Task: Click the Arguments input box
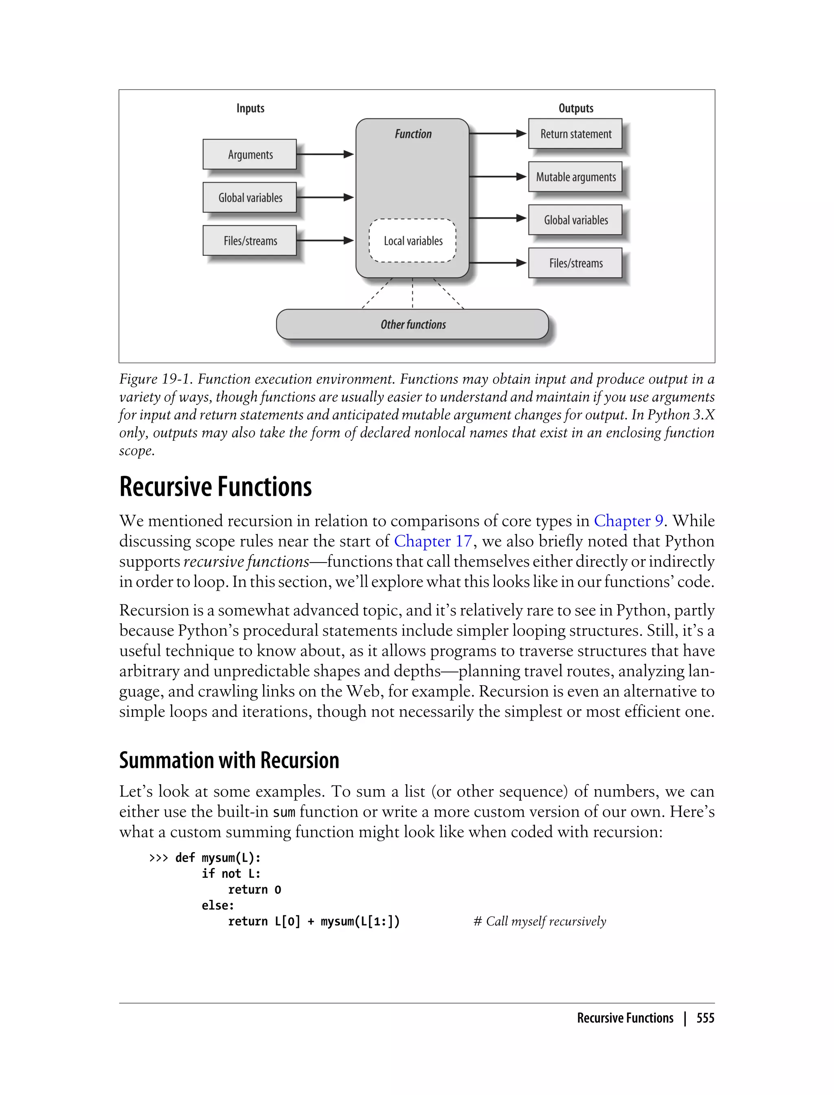pos(250,154)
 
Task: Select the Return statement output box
pos(575,134)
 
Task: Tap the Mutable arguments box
pos(575,177)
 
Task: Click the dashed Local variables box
pos(413,241)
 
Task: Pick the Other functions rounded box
pos(413,324)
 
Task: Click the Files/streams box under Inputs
pos(250,241)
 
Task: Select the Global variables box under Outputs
pos(575,220)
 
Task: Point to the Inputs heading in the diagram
pos(250,108)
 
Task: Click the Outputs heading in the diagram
pos(576,108)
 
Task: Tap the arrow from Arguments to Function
pos(325,154)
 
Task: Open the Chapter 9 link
pos(628,521)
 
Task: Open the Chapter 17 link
pos(433,541)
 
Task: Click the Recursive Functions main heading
pos(215,487)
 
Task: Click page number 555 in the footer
pos(705,1018)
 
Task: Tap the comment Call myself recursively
pos(540,922)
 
